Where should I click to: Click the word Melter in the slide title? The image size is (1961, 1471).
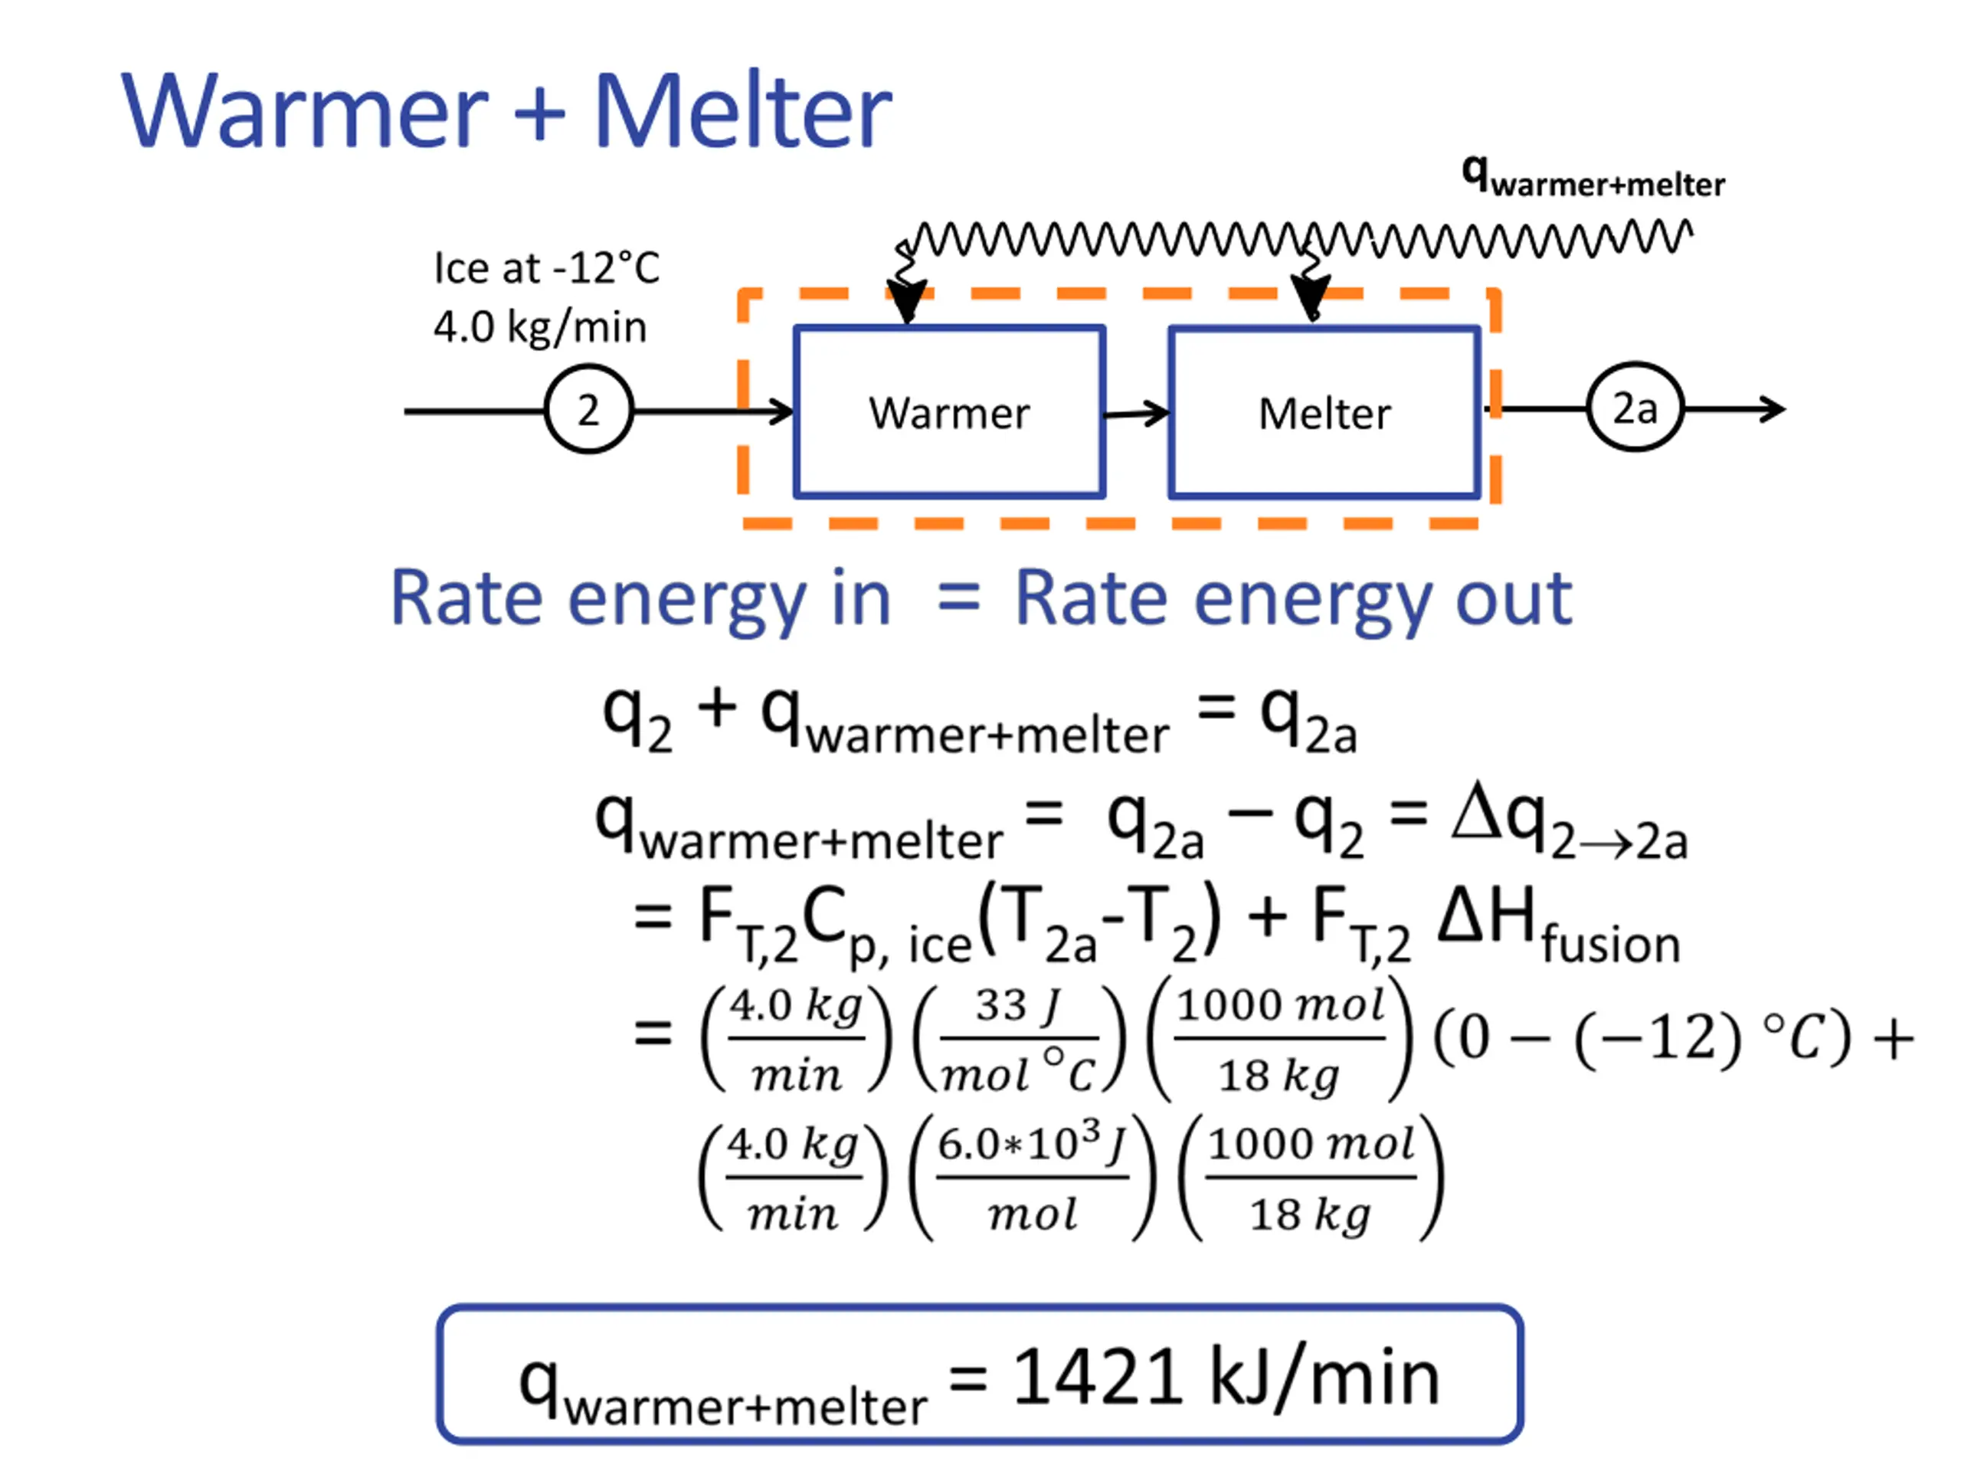coord(742,112)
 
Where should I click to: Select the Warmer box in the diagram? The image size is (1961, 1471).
coord(948,412)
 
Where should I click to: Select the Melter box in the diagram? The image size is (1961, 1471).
coord(1324,413)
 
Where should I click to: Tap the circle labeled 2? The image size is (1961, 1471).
coord(588,410)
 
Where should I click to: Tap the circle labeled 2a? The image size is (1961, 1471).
coord(1634,408)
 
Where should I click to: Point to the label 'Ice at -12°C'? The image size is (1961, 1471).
coord(546,268)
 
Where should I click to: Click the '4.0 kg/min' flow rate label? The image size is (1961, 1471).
coord(540,327)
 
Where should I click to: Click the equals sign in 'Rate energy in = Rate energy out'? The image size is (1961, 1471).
coord(958,598)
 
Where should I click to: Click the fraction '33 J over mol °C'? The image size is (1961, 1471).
coord(1019,1038)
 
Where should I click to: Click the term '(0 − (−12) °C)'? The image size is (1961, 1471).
coord(1642,1037)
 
